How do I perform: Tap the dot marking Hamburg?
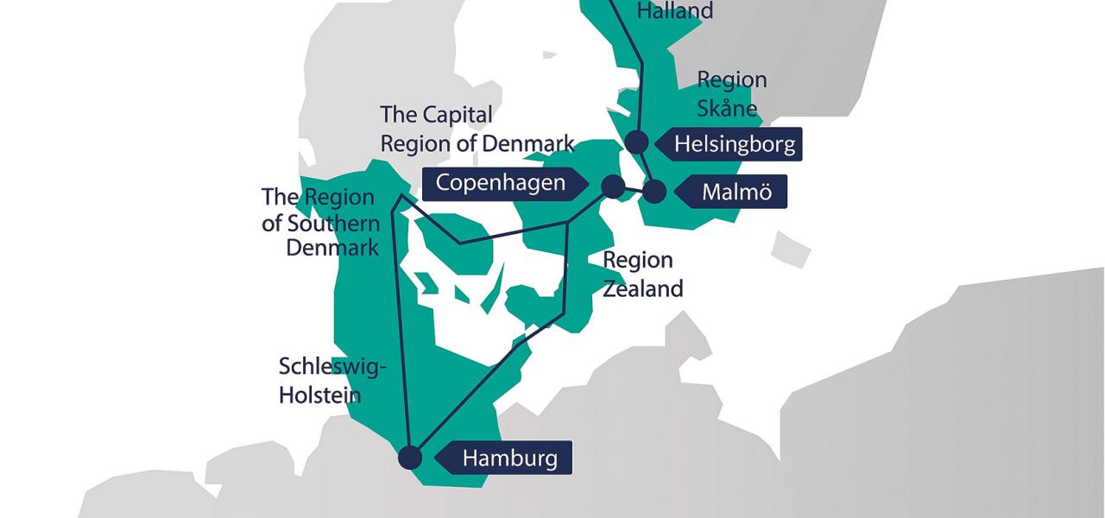coord(410,458)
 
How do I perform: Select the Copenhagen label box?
coord(501,183)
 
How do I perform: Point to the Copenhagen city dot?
coord(612,186)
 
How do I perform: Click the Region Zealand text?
coord(642,274)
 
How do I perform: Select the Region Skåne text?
coord(731,93)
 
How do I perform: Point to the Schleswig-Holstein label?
coord(332,380)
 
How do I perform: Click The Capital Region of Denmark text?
coord(477,129)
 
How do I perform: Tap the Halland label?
coord(674,11)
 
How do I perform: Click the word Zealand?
coord(642,288)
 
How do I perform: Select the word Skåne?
coord(727,108)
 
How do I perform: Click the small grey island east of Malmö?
coord(791,250)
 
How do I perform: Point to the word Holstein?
coord(319,395)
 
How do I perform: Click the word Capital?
coord(457,115)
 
